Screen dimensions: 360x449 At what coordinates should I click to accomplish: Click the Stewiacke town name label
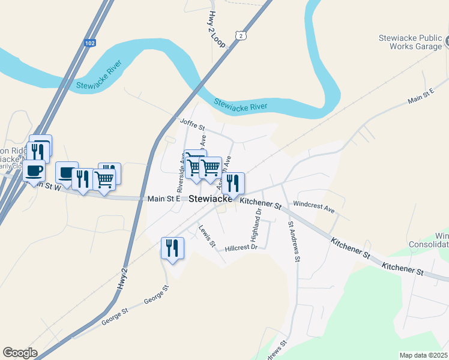(x=211, y=199)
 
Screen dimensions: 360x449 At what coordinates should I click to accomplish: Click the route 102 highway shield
(x=90, y=43)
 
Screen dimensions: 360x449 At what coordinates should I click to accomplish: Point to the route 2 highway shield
(x=241, y=36)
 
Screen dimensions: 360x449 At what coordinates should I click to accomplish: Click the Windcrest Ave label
(x=313, y=207)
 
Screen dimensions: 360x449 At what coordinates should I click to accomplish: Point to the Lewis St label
(x=207, y=235)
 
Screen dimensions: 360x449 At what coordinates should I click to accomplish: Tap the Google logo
(x=20, y=353)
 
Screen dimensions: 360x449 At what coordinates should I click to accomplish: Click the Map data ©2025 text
(x=423, y=355)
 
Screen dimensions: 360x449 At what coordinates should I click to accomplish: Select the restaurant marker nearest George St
(x=172, y=248)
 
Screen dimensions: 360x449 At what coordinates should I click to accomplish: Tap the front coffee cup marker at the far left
(x=34, y=170)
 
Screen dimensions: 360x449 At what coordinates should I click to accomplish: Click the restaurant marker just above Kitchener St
(x=233, y=183)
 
